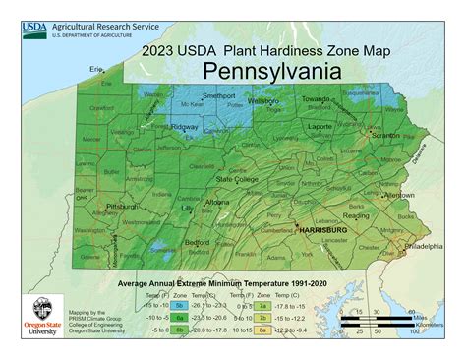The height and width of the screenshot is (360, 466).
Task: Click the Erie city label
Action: [x=96, y=69]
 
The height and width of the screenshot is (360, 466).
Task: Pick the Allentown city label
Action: [x=398, y=195]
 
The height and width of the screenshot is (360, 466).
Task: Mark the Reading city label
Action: [x=356, y=214]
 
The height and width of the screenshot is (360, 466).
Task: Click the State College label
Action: [x=237, y=180]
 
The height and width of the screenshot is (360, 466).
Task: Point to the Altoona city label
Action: [x=217, y=202]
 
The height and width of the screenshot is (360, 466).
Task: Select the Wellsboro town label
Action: [x=262, y=100]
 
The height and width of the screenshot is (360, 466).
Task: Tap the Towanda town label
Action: [x=316, y=99]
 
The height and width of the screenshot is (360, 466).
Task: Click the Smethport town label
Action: [x=219, y=95]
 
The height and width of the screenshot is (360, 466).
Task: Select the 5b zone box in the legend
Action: [x=180, y=305]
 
